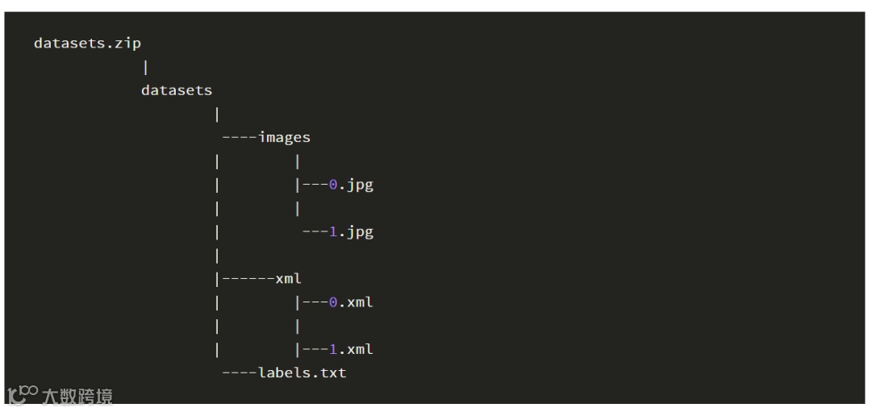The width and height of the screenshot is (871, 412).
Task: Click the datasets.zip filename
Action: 87,44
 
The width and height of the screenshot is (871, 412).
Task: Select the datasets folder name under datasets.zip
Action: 177,90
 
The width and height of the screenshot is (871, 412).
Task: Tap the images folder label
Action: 284,137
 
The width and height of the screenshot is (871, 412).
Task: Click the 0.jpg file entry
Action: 351,185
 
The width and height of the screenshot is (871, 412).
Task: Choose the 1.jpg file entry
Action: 351,232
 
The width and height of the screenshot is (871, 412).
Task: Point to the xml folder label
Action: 288,279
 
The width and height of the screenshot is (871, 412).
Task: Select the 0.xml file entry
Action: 351,302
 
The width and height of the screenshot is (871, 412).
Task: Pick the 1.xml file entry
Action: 351,349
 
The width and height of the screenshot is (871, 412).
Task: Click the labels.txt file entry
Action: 302,372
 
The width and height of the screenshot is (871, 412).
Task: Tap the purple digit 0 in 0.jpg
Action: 333,185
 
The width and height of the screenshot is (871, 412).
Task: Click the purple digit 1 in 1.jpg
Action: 333,232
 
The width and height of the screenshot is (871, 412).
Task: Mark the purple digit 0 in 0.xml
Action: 333,302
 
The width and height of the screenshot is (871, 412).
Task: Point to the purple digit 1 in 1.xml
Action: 333,349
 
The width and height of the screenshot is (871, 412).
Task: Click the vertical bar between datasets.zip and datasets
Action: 145,67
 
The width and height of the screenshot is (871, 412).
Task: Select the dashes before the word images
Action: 240,137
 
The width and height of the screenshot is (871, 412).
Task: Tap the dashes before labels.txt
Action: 240,372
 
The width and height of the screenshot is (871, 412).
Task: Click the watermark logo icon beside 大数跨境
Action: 22,394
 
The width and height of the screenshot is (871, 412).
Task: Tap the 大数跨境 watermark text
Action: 77,396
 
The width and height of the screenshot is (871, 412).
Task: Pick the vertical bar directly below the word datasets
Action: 217,114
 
